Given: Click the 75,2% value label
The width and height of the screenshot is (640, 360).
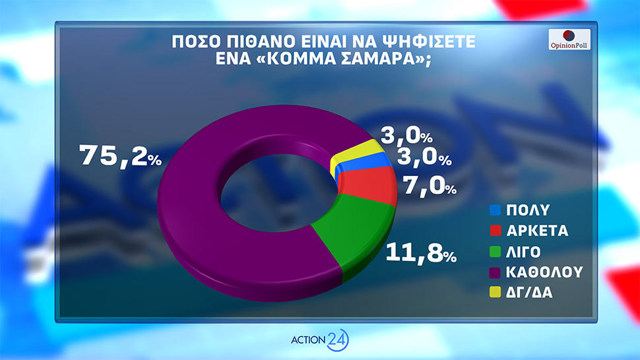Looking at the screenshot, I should [x=119, y=156].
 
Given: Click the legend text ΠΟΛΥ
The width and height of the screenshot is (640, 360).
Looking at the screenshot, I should [x=527, y=212].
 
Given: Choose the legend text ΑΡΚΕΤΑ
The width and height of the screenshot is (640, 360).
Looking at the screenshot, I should [x=538, y=231].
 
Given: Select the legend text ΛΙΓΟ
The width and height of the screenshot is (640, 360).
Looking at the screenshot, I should [x=525, y=252].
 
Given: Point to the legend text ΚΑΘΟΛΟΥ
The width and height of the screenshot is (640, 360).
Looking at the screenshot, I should [x=544, y=272].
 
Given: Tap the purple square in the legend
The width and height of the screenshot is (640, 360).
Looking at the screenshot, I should [x=493, y=272].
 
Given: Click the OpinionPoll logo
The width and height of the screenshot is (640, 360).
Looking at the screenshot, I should [x=569, y=40].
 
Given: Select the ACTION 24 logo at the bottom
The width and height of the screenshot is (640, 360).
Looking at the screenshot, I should [x=319, y=340].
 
